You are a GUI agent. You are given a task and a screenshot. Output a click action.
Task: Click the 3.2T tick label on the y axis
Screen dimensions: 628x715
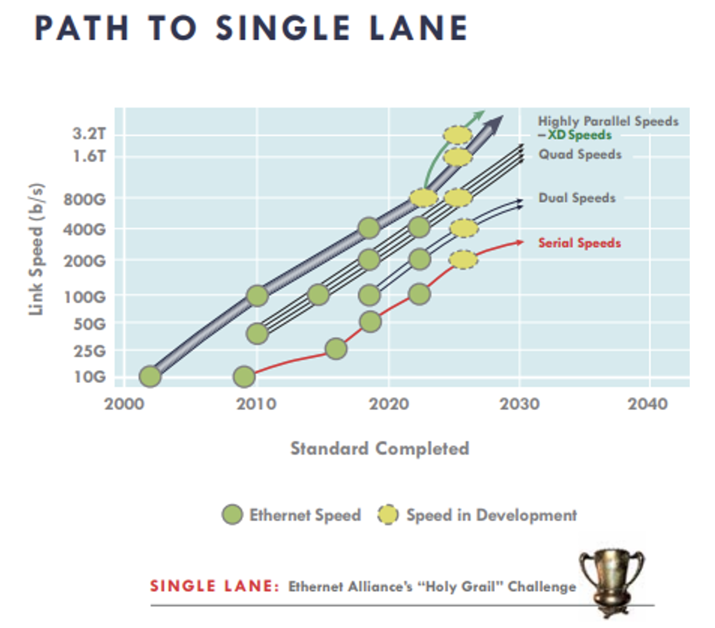(x=89, y=134)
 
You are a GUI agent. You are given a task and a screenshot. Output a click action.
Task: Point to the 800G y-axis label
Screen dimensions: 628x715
(x=85, y=199)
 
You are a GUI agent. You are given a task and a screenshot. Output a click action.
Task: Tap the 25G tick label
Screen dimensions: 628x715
(x=89, y=351)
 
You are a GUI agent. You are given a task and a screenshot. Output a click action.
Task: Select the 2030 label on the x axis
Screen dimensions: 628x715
(x=519, y=404)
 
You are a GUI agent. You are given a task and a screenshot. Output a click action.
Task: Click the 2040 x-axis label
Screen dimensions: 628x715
(x=647, y=404)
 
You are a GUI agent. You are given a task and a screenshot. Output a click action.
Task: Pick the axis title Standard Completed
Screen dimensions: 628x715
(x=380, y=448)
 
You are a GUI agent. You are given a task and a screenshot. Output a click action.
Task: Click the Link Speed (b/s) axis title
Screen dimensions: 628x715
(x=36, y=249)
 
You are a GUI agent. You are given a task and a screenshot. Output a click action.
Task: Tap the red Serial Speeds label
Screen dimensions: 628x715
(x=579, y=243)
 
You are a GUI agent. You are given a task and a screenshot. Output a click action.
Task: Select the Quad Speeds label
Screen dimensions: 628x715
(x=580, y=154)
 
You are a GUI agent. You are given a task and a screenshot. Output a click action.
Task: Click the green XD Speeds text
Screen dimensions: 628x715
(x=579, y=135)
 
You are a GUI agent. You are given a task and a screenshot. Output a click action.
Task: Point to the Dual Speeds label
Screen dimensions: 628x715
(x=577, y=198)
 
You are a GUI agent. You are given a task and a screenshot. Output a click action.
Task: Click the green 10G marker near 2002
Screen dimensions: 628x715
(x=150, y=376)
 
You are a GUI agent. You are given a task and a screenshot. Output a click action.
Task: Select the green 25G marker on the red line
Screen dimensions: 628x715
(x=336, y=349)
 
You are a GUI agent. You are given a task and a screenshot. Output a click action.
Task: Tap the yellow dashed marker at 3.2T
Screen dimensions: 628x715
(x=457, y=135)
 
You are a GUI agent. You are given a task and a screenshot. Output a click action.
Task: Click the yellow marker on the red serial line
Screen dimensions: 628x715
(x=463, y=260)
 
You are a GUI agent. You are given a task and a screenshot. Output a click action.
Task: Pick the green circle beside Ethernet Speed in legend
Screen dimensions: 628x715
(x=232, y=515)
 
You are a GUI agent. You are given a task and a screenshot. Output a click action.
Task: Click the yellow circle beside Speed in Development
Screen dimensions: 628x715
(x=388, y=515)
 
